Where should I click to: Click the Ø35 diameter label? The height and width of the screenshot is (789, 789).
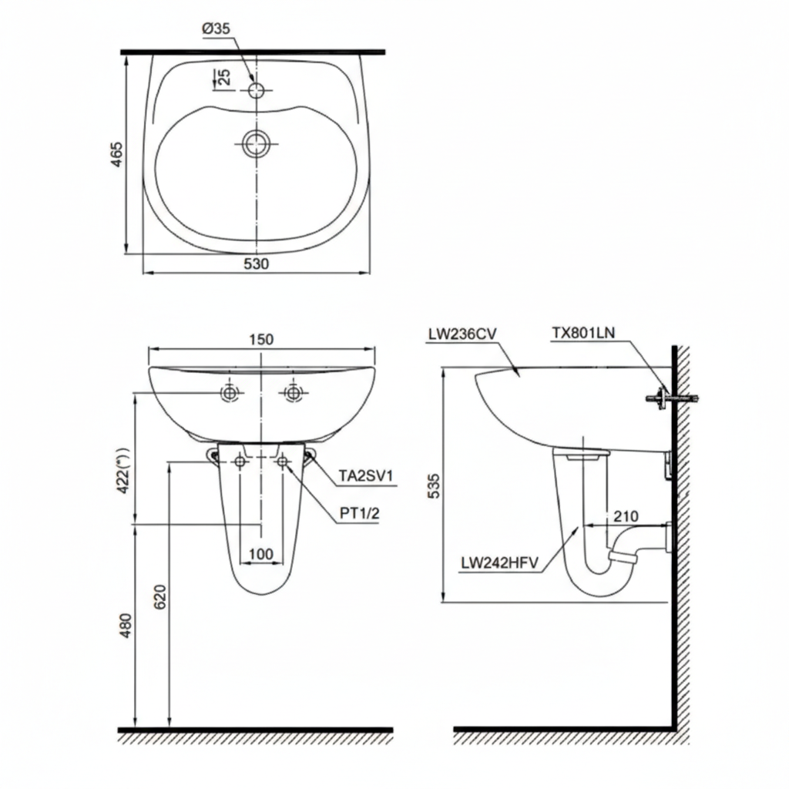217,29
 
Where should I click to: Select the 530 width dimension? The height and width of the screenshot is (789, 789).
256,264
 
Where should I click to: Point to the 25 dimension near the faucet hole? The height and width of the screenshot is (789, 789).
223,77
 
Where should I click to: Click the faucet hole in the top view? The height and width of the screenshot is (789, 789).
257,90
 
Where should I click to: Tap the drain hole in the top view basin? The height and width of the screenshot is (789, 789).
257,143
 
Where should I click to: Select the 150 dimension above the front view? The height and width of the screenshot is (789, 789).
262,339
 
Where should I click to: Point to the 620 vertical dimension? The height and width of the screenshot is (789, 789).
160,597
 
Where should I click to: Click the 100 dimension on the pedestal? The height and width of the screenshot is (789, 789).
261,553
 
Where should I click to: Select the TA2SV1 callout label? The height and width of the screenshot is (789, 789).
366,477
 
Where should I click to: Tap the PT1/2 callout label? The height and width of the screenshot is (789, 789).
359,514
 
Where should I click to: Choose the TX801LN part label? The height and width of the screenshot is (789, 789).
583,333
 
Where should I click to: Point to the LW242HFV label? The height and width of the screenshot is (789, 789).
499,562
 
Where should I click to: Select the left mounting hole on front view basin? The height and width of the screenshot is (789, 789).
229,393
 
